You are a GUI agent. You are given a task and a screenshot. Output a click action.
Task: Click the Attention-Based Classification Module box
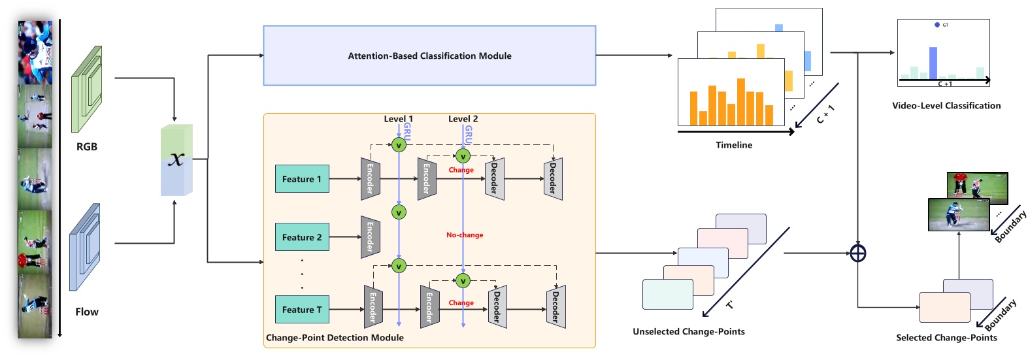(429, 56)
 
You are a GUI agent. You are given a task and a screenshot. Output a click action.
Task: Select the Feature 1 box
(302, 179)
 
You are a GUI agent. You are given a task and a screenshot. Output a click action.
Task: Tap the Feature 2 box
(302, 237)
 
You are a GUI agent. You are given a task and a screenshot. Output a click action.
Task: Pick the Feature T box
(302, 310)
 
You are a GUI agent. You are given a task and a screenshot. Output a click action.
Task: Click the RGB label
(87, 147)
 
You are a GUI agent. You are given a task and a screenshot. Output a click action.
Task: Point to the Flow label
(87, 312)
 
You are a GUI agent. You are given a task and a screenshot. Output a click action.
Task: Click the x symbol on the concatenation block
(176, 159)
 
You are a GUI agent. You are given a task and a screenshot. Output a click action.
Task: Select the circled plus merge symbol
(857, 253)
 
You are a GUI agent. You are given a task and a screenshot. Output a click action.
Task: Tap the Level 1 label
(398, 119)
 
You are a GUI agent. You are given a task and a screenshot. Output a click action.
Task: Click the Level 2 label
(463, 119)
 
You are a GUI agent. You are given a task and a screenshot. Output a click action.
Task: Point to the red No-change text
(465, 235)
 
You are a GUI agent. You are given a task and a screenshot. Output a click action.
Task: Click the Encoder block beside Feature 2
(371, 237)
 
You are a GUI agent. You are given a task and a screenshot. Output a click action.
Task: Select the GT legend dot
(937, 25)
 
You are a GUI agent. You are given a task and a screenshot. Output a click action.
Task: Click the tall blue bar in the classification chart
(933, 63)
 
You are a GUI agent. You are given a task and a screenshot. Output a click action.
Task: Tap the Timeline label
(733, 145)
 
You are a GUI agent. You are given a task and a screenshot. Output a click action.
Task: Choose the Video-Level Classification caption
(946, 106)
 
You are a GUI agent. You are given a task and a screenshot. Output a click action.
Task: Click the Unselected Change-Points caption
(688, 332)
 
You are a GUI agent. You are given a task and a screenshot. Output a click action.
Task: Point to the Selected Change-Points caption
(946, 338)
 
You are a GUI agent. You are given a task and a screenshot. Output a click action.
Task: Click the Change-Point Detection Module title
(335, 338)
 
